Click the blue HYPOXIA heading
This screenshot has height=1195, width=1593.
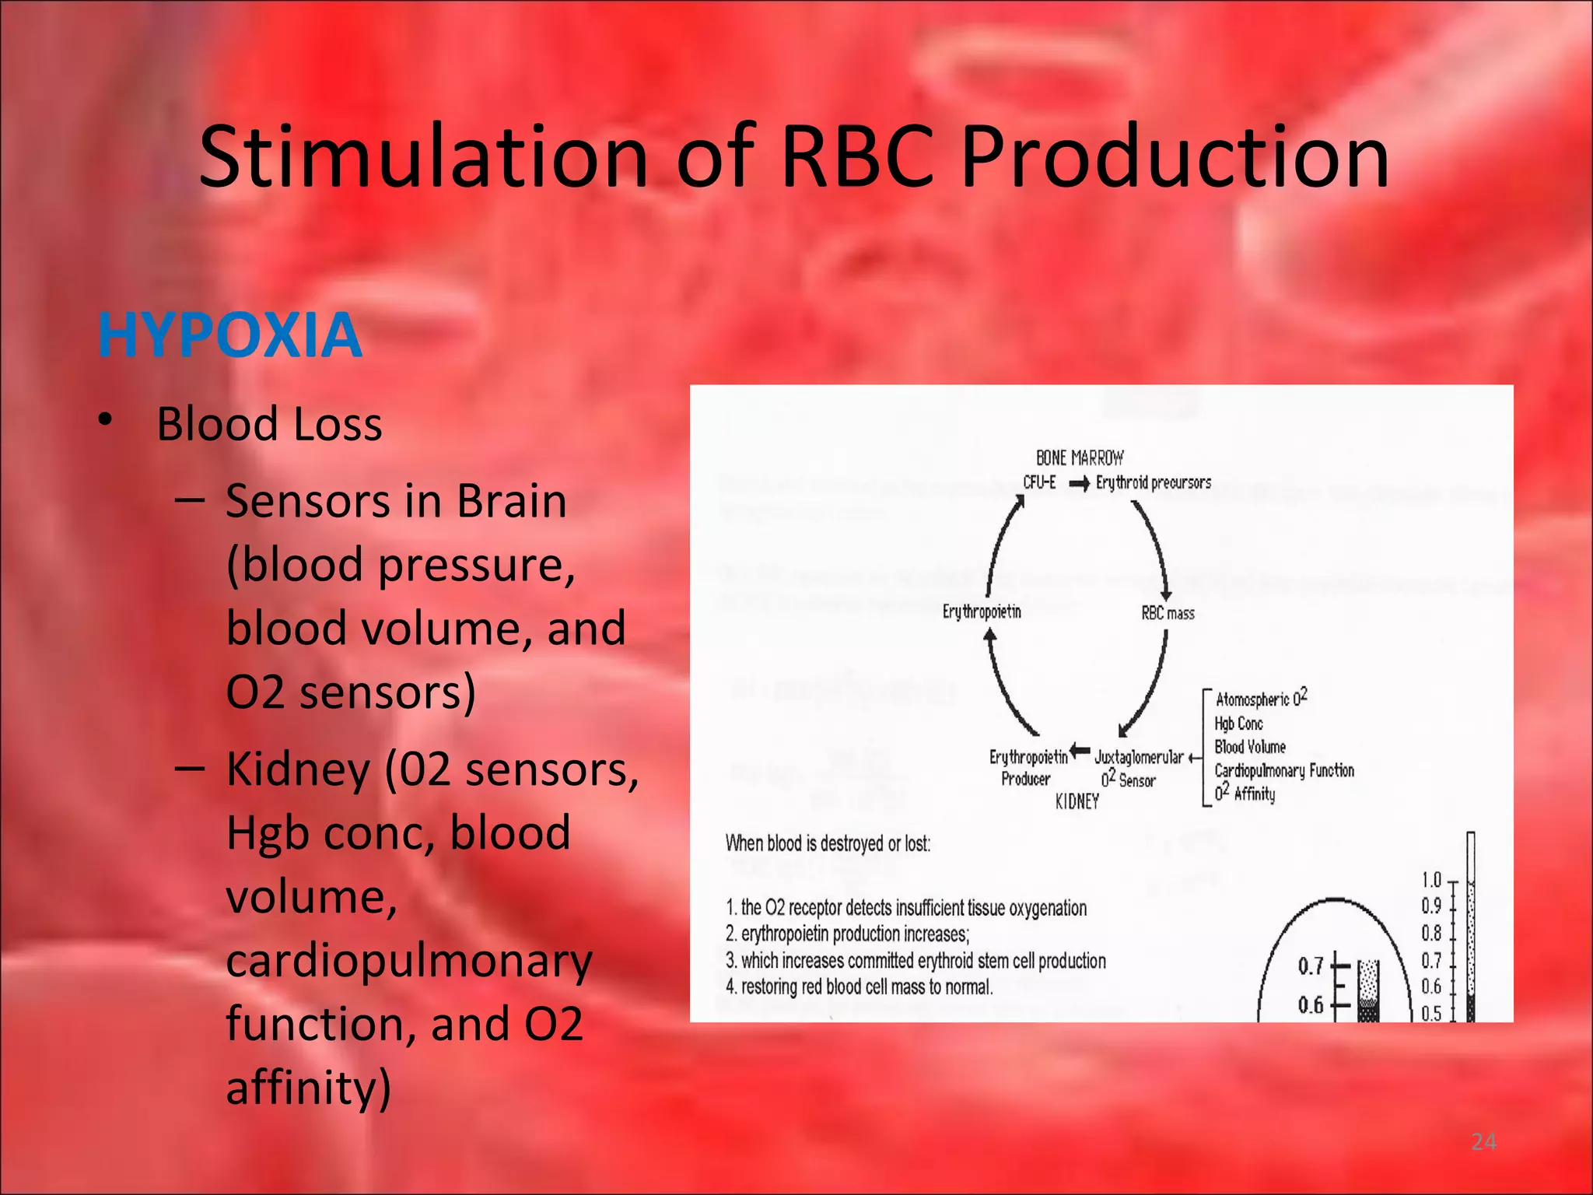[230, 335]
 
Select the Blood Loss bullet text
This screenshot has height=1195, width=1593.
[269, 424]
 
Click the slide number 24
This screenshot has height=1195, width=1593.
[1483, 1141]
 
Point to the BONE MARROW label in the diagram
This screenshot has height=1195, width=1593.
[1080, 457]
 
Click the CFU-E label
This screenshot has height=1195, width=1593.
[1039, 482]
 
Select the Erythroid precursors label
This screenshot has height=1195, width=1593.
[1154, 482]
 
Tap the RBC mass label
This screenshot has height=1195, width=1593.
[1168, 613]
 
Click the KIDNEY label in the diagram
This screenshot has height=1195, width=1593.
[1077, 801]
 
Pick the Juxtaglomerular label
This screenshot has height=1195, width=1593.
[1139, 757]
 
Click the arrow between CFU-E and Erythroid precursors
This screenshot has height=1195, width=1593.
[1079, 484]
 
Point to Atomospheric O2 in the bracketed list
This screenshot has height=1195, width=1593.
[1261, 698]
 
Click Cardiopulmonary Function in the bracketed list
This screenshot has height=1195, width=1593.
[1284, 770]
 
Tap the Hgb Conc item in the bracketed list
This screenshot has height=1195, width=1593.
[1238, 724]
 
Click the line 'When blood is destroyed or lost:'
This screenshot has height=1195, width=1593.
[828, 843]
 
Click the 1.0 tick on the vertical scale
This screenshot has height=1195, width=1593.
[1431, 880]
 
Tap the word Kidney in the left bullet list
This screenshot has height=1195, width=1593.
[298, 769]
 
